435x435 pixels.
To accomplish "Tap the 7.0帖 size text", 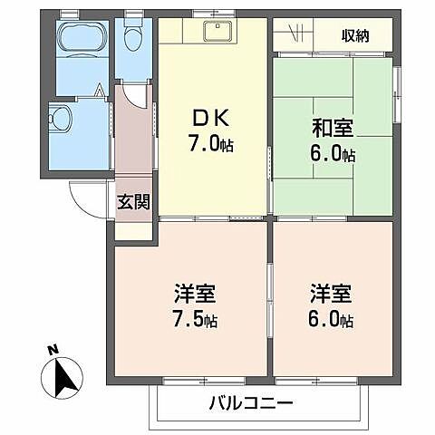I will click(x=212, y=143).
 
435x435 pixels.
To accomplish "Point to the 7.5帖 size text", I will click(x=196, y=320).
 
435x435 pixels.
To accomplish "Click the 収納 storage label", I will click(x=354, y=35).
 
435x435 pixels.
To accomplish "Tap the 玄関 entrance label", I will click(x=131, y=202).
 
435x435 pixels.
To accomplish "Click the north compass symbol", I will click(x=61, y=375).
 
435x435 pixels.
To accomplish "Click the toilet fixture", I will click(x=135, y=38).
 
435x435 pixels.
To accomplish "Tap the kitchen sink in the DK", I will click(x=217, y=33).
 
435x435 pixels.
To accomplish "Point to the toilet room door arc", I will click(x=133, y=94).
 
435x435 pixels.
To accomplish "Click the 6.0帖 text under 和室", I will click(x=332, y=153).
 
